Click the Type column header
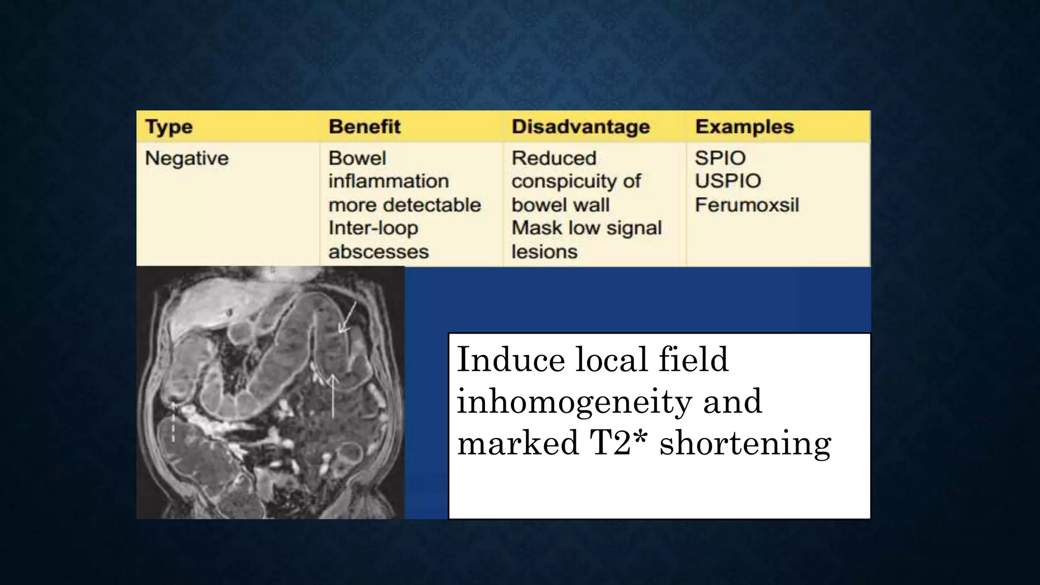[169, 127]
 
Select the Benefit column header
[365, 126]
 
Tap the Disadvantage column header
[580, 126]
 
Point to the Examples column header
[744, 126]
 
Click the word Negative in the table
[187, 158]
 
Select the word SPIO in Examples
[720, 158]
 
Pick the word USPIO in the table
[728, 181]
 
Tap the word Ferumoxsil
[746, 205]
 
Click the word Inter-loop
[373, 228]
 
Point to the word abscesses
[378, 252]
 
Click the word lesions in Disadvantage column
[544, 252]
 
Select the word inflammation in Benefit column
[388, 181]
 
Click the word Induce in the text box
[511, 360]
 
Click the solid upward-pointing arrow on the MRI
[333, 396]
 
